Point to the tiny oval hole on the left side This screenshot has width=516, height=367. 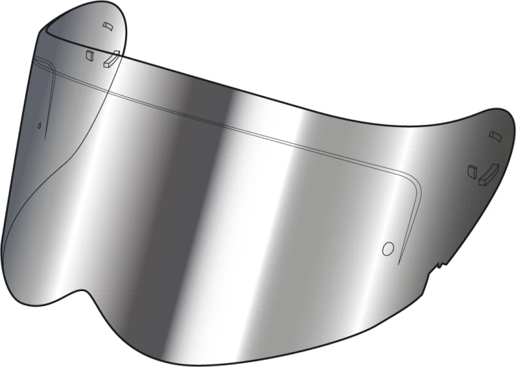point(40,125)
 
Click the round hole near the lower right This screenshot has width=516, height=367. point(388,248)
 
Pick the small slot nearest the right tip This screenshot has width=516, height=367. point(495,135)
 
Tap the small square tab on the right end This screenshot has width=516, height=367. point(471,171)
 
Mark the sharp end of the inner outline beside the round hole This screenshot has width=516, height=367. point(399,264)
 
